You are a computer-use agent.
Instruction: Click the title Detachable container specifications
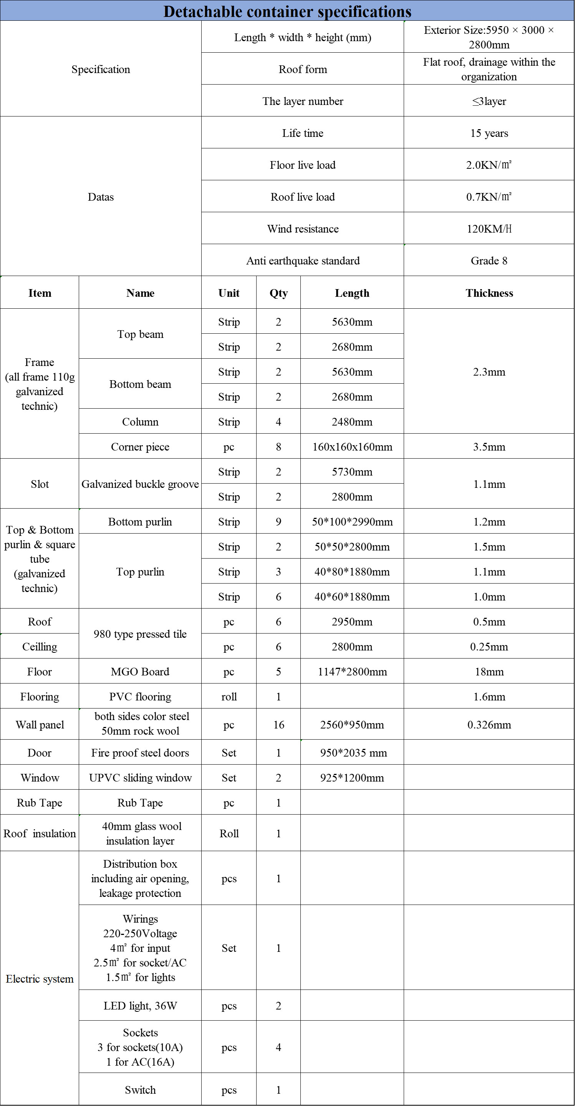(287, 11)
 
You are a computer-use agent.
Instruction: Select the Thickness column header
(489, 293)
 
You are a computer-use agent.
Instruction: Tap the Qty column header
(278, 293)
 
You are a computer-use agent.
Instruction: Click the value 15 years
(489, 133)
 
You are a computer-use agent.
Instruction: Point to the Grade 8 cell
(489, 261)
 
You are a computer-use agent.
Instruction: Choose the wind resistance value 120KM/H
(489, 229)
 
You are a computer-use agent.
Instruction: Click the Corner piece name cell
(140, 447)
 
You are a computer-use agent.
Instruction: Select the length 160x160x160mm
(352, 447)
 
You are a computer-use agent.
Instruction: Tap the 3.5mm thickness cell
(489, 447)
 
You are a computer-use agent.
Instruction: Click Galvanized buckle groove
(140, 484)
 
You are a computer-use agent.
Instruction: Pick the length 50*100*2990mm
(352, 522)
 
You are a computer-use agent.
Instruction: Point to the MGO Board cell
(140, 672)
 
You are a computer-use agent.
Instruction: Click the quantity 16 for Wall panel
(278, 725)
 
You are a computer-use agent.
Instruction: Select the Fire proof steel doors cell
(140, 753)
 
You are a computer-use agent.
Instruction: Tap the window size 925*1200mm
(352, 778)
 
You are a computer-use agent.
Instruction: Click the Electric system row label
(40, 979)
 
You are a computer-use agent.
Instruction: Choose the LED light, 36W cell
(140, 1006)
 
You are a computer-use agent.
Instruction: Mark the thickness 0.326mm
(489, 725)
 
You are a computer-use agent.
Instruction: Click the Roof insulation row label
(40, 833)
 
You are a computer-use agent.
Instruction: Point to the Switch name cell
(140, 1090)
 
